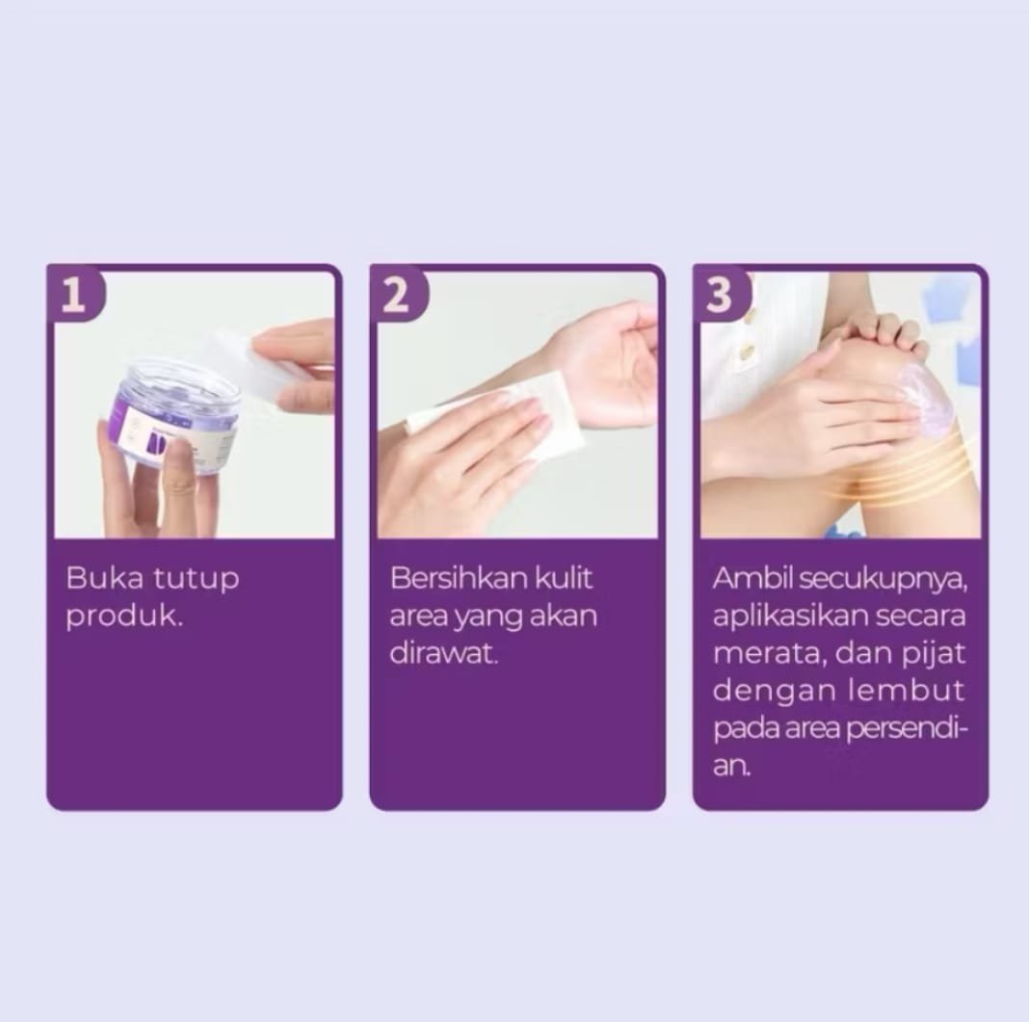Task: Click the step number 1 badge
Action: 74,293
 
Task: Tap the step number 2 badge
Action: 397,293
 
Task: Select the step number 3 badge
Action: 720,293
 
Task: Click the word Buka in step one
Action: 104,578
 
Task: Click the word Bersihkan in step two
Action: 459,578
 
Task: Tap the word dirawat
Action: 443,653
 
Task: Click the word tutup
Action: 196,580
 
